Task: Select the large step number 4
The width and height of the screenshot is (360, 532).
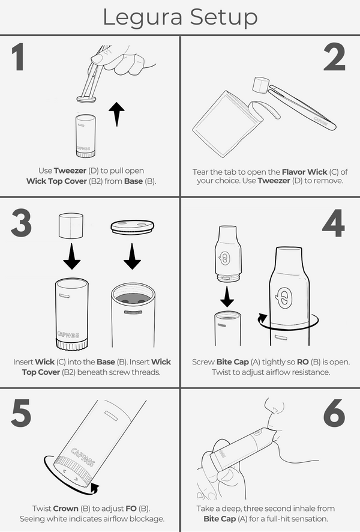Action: click(x=334, y=223)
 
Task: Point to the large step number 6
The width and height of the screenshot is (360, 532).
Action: click(x=334, y=413)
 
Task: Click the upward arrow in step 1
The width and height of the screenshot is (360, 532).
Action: click(x=116, y=114)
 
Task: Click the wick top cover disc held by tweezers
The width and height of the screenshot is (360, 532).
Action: click(x=86, y=99)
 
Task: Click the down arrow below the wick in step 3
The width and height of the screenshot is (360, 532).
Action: click(x=71, y=256)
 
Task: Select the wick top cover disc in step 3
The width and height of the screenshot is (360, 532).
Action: click(x=132, y=226)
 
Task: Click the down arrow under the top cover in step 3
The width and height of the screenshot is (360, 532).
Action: click(x=132, y=256)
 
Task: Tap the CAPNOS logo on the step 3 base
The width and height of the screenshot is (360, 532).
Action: click(x=68, y=335)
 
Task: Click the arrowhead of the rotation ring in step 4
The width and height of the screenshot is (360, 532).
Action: click(x=262, y=319)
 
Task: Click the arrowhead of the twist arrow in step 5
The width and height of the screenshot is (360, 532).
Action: click(x=95, y=489)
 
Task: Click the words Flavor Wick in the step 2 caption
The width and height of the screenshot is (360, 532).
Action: click(x=304, y=172)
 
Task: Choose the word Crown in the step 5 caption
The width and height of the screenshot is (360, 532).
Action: click(x=66, y=508)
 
